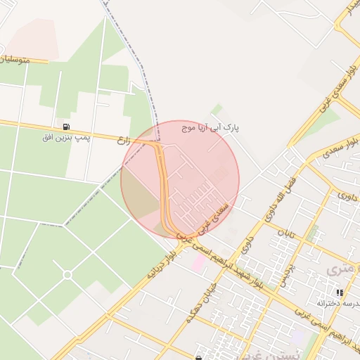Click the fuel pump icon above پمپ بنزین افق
click(66, 127)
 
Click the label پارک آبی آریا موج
click(210, 129)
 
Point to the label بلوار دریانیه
click(162, 264)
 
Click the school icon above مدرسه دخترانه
click(340, 292)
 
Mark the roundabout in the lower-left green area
click(68, 275)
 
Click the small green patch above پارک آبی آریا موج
click(218, 110)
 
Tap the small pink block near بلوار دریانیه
click(199, 264)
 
